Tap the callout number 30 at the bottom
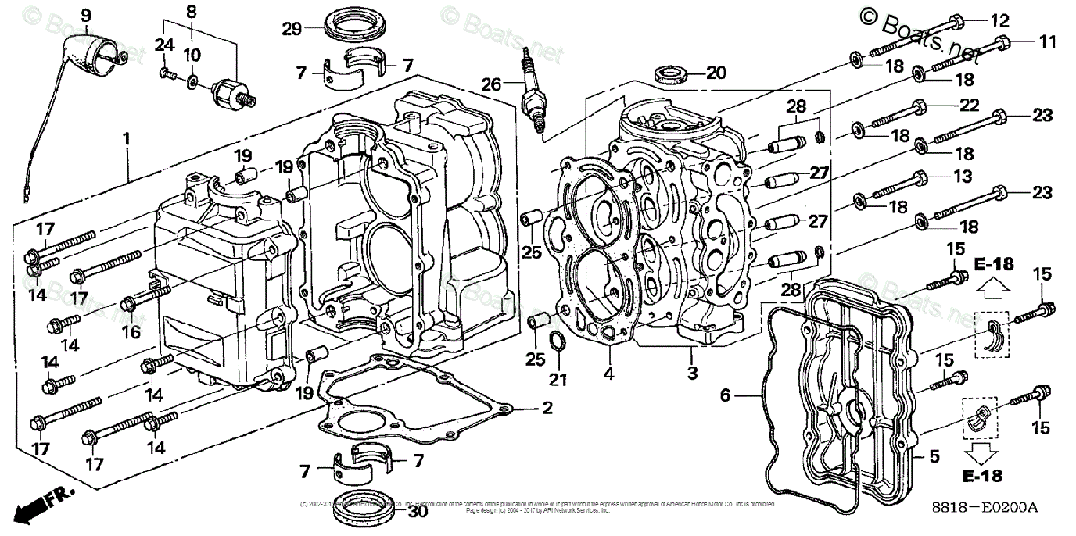[x=417, y=513]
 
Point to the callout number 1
[x=126, y=139]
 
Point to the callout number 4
[x=610, y=374]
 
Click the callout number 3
[x=691, y=372]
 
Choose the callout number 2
[x=546, y=409]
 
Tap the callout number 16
[x=131, y=332]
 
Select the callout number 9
[x=86, y=14]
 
